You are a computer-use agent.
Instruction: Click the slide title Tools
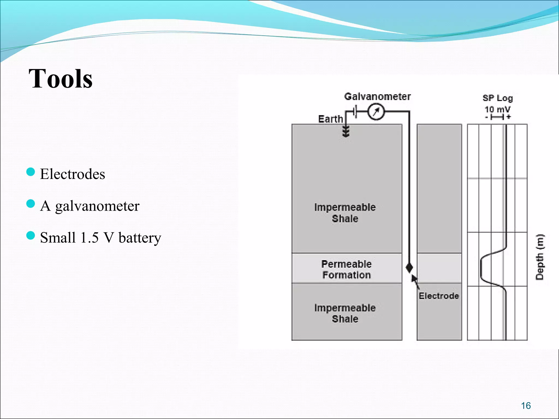pyautogui.click(x=61, y=79)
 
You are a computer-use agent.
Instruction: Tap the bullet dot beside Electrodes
pyautogui.click(x=31, y=172)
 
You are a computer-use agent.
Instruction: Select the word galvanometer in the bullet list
pyautogui.click(x=97, y=206)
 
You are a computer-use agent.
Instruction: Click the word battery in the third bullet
pyautogui.click(x=140, y=238)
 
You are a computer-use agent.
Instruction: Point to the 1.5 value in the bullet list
pyautogui.click(x=89, y=238)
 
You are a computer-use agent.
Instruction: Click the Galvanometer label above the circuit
pyautogui.click(x=377, y=97)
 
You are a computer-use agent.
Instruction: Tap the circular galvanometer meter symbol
pyautogui.click(x=376, y=112)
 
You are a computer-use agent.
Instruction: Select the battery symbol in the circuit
pyautogui.click(x=355, y=112)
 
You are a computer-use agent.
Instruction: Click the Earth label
pyautogui.click(x=330, y=119)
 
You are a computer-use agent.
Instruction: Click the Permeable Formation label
pyautogui.click(x=346, y=270)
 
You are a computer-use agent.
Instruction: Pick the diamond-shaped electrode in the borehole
pyautogui.click(x=409, y=268)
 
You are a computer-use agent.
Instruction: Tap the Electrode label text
pyautogui.click(x=439, y=296)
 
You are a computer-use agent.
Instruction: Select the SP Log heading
pyautogui.click(x=497, y=98)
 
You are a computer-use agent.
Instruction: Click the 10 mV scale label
pyautogui.click(x=497, y=110)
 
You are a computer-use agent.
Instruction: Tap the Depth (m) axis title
pyautogui.click(x=540, y=257)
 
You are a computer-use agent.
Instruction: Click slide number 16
pyautogui.click(x=526, y=406)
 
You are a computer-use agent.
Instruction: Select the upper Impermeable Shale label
pyautogui.click(x=345, y=213)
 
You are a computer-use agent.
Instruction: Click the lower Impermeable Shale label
pyautogui.click(x=345, y=313)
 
